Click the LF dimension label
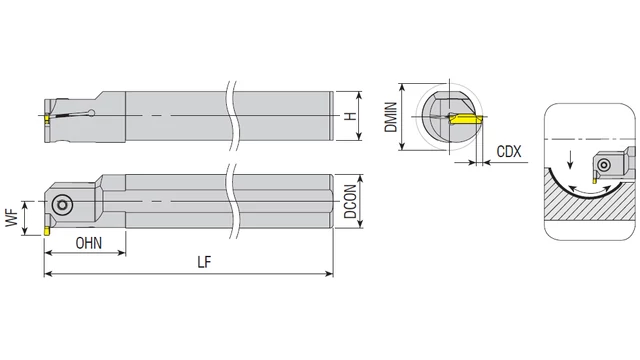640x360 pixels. tap(204, 262)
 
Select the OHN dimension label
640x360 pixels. tap(89, 243)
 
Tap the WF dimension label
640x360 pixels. tap(12, 218)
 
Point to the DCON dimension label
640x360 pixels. tap(350, 201)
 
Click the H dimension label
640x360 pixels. tap(350, 116)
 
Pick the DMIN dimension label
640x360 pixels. tap(391, 117)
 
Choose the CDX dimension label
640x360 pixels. tap(509, 152)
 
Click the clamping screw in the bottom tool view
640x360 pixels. tap(62, 205)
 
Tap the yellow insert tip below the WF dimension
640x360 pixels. tap(47, 231)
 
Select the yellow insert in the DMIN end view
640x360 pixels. tap(465, 119)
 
